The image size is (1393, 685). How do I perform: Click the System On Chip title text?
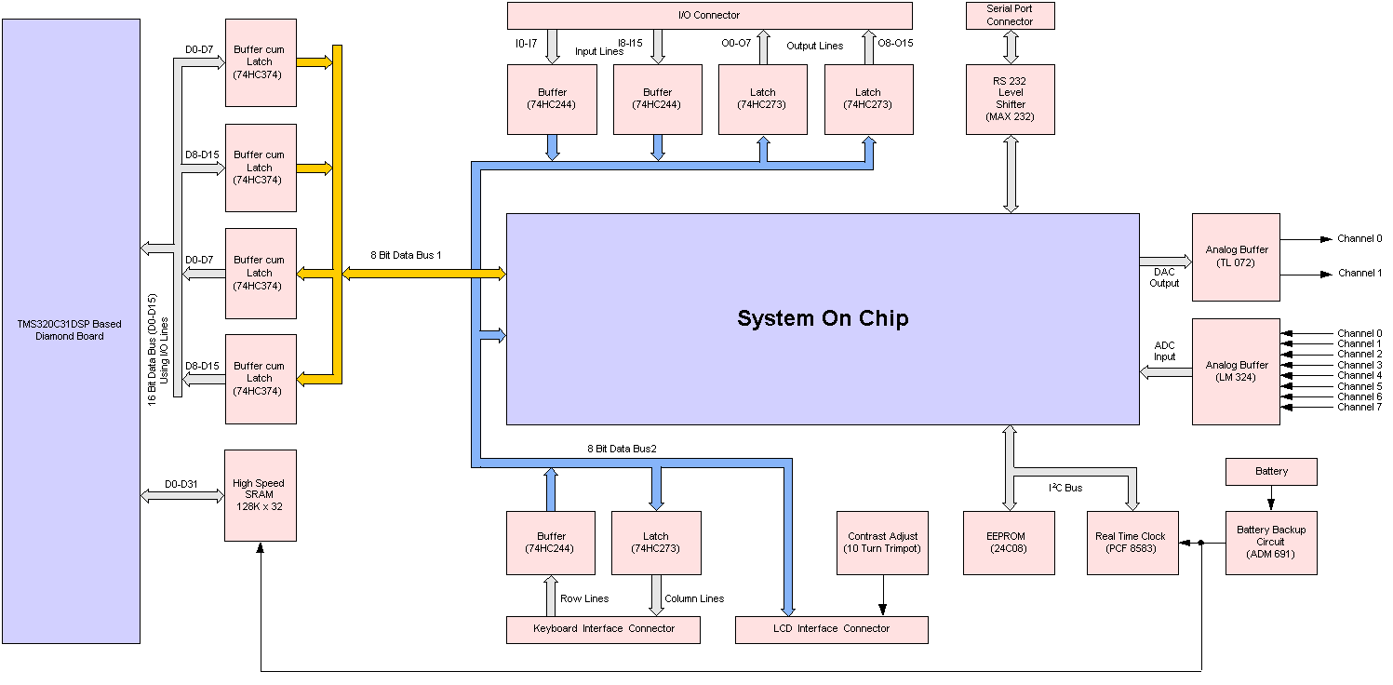[823, 318]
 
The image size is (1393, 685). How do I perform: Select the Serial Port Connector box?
[1010, 15]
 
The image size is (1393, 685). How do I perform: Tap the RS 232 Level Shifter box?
[1010, 99]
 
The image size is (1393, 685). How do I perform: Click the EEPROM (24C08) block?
[1009, 543]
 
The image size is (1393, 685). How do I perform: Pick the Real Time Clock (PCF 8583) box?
[1131, 543]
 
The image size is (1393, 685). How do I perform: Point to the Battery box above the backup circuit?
[1271, 472]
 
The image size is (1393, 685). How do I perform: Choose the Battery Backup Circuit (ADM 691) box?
[1270, 543]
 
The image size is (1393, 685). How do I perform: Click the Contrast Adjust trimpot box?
[881, 543]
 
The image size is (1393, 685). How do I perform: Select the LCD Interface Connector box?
[831, 629]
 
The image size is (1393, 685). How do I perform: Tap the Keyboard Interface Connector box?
[603, 629]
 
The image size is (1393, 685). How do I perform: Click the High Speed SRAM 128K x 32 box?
[260, 495]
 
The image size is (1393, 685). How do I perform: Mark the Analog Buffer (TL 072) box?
[1237, 256]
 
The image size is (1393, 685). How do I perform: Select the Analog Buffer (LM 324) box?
[1237, 371]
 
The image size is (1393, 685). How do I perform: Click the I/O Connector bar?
[709, 15]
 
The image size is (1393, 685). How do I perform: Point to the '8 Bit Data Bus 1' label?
[406, 254]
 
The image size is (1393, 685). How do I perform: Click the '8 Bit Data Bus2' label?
[622, 449]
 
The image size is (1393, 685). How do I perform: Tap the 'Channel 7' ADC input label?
[1360, 408]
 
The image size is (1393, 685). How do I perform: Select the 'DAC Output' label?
[1164, 277]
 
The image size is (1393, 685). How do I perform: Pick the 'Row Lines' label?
[584, 598]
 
